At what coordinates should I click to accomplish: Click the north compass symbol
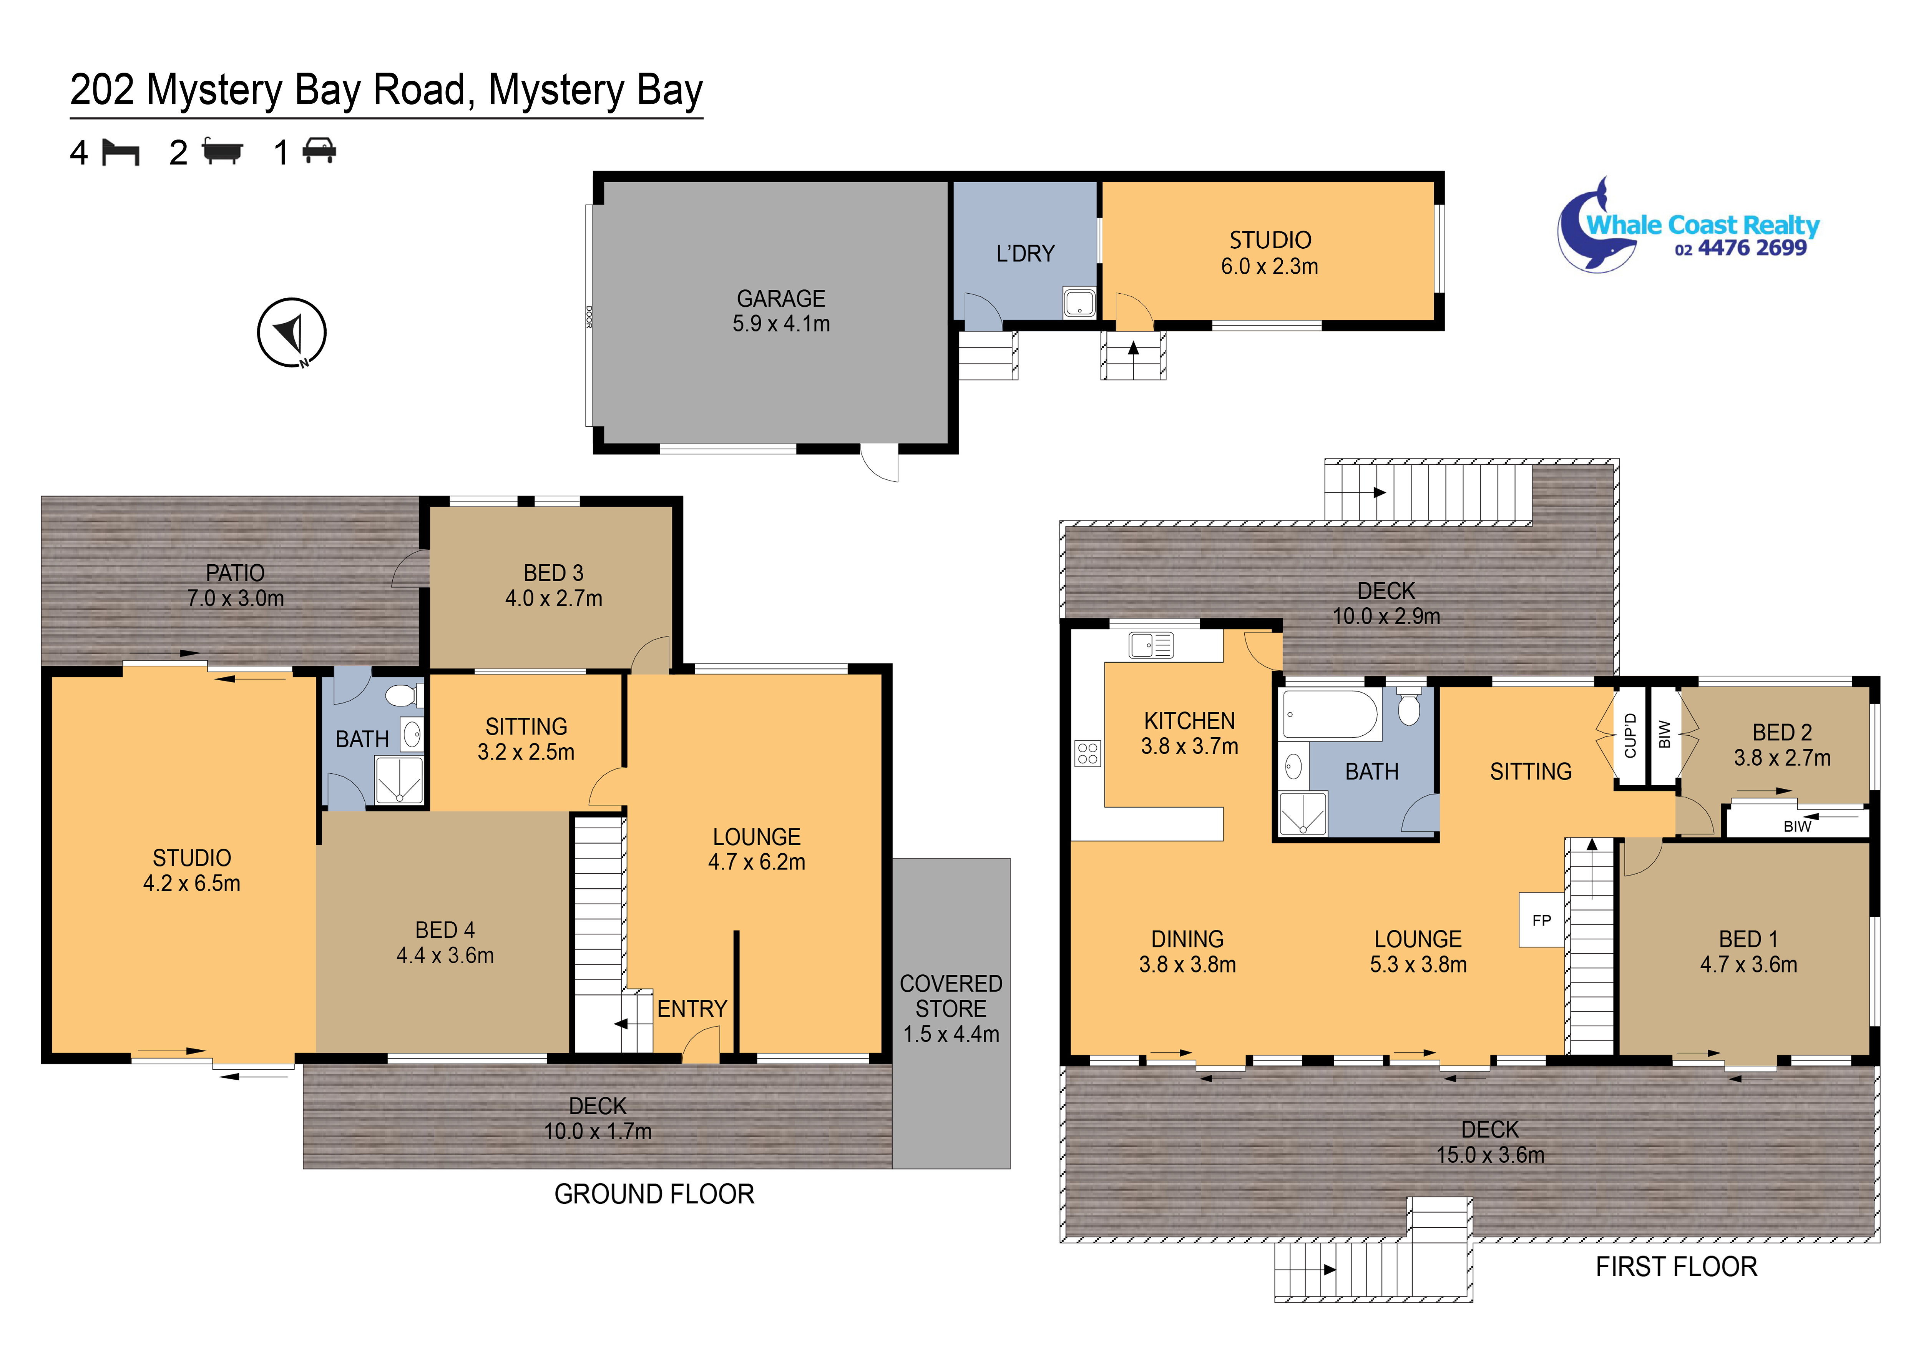[x=291, y=332]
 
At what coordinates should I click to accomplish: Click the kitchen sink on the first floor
[x=1151, y=645]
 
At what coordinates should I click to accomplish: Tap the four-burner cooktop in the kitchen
[x=1088, y=753]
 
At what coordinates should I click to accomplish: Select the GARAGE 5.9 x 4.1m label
[x=780, y=311]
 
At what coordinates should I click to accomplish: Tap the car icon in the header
[x=319, y=151]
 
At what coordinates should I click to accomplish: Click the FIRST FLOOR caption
[x=1676, y=1267]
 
